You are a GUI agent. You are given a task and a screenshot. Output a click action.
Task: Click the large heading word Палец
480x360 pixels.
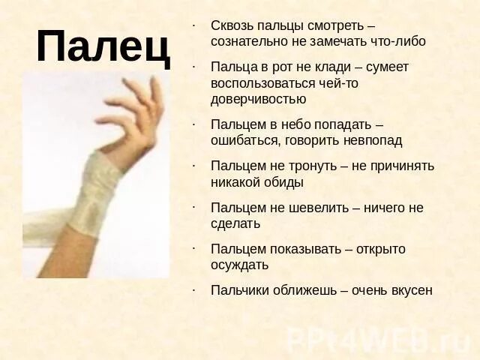(x=103, y=46)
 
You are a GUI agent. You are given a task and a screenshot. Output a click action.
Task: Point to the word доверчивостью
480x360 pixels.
(x=258, y=99)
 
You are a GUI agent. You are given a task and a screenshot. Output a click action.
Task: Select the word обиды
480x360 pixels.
(x=280, y=182)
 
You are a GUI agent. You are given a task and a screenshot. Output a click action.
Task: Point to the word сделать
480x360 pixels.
(x=235, y=223)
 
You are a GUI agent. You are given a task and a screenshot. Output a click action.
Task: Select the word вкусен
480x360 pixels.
(x=412, y=290)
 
